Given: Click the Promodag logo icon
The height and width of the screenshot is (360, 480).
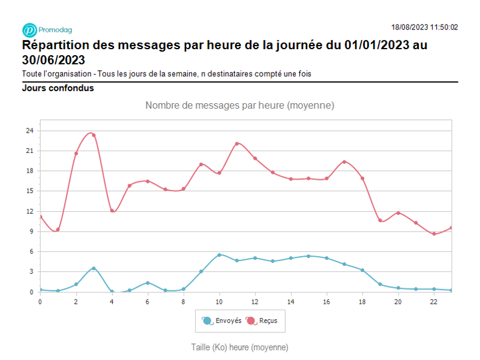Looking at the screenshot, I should pos(29,30).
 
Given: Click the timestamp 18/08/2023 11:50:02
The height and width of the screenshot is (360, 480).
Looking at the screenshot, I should pos(424,27).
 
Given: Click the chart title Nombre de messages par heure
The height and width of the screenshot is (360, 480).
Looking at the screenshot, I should pos(239,106).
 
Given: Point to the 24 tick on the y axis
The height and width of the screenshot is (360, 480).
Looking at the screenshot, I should pos(29,130).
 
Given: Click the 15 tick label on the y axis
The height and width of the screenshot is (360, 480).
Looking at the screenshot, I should pos(29,191).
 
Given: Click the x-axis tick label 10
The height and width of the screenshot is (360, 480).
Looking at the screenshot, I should pos(219,301).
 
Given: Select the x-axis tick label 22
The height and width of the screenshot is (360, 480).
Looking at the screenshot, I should pos(434,301).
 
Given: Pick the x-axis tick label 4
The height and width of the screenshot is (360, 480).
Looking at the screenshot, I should pos(112,301).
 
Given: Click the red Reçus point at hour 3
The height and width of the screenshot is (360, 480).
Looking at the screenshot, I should pos(94,135).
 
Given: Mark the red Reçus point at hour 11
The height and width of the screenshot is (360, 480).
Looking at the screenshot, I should pos(237,143).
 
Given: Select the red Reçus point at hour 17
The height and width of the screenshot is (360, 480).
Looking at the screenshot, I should pos(344,161).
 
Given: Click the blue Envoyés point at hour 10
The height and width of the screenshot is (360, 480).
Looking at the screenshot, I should pos(219,255).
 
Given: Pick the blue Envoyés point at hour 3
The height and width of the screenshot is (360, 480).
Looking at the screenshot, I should pos(94,268).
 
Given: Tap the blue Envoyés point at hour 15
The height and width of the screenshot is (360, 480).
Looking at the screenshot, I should pos(308,256).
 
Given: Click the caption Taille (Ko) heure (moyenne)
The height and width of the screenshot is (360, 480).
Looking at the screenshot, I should pos(239,347).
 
